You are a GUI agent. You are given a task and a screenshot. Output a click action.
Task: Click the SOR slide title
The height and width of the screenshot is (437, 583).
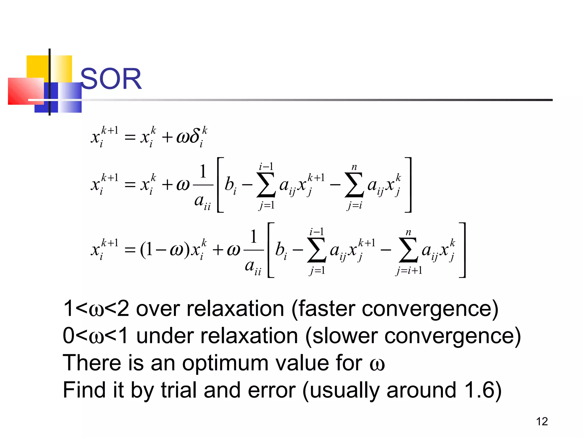(111, 79)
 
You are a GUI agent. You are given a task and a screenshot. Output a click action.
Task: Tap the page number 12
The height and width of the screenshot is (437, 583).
(542, 421)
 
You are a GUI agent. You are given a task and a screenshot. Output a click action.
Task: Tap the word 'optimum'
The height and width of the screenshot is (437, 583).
(225, 363)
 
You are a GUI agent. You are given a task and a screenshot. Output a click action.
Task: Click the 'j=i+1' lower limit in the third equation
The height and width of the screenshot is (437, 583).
(409, 271)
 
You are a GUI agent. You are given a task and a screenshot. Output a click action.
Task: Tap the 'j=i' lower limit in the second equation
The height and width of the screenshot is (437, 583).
(354, 205)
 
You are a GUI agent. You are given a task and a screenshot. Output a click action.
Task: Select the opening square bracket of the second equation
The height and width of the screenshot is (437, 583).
(220, 185)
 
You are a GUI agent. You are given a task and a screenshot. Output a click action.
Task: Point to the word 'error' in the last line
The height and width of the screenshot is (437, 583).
(272, 390)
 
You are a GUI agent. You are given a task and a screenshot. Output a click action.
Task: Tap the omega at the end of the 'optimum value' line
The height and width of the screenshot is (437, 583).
(377, 364)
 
